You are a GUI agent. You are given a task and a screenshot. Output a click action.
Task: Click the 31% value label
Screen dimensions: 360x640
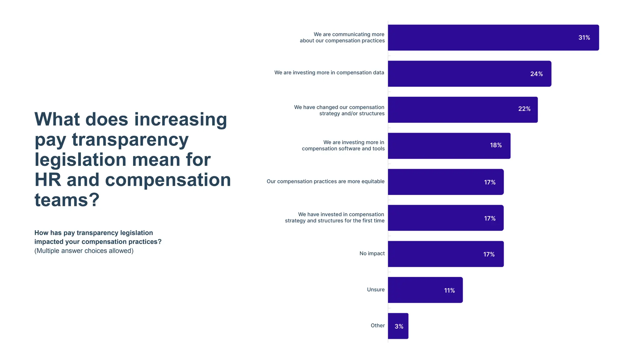click(x=584, y=38)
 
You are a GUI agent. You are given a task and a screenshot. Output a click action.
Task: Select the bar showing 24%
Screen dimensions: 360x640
click(x=469, y=74)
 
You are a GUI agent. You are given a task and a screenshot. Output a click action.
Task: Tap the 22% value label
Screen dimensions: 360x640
click(x=524, y=109)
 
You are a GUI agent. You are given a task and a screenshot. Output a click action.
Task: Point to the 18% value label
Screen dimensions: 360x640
click(x=496, y=145)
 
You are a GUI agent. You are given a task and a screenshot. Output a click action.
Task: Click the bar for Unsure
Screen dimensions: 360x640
click(x=425, y=290)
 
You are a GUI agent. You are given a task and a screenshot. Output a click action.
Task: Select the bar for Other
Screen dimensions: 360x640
click(x=398, y=326)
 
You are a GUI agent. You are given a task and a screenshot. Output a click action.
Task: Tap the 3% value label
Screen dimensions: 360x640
click(x=399, y=327)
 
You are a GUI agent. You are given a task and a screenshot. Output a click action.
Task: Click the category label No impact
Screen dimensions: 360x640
click(x=372, y=253)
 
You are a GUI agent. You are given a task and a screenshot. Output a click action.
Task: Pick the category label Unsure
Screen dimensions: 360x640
click(x=376, y=290)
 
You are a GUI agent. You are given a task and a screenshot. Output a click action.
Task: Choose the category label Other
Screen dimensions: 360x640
click(x=377, y=326)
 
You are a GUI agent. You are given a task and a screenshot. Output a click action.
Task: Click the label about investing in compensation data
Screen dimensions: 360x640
click(x=329, y=73)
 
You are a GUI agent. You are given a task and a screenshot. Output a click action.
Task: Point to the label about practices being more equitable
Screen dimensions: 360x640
click(x=325, y=182)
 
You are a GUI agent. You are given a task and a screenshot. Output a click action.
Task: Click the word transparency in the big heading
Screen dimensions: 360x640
click(x=130, y=140)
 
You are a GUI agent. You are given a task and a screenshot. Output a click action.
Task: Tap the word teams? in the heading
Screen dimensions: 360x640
click(x=67, y=200)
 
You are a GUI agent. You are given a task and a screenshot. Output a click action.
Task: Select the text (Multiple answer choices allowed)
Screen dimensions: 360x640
click(x=84, y=251)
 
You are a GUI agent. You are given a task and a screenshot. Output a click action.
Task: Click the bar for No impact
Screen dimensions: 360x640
click(x=445, y=254)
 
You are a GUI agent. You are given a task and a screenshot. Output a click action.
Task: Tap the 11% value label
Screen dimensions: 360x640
click(x=449, y=291)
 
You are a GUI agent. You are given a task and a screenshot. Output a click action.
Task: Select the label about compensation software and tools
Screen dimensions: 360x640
click(x=343, y=146)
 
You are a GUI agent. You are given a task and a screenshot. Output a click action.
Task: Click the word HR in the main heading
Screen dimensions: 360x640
click(x=47, y=180)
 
